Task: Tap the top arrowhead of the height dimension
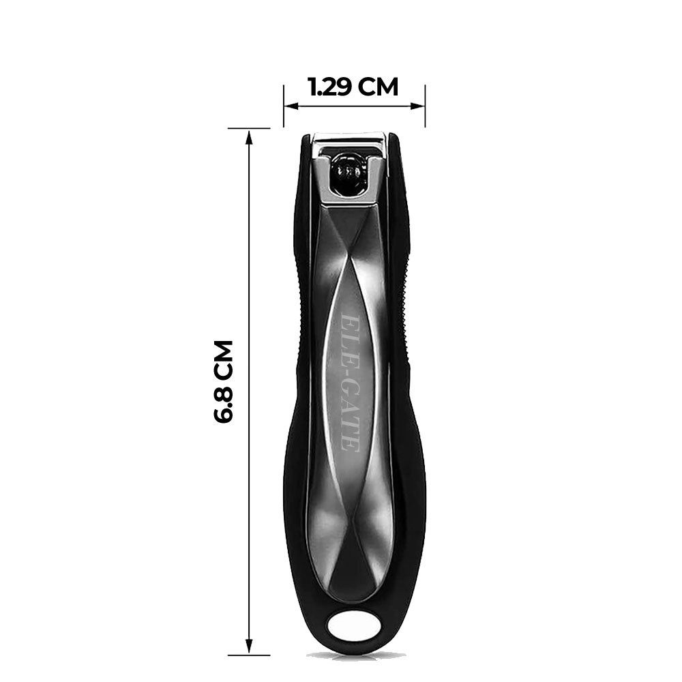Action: click(x=249, y=136)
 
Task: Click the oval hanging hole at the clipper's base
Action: click(x=355, y=626)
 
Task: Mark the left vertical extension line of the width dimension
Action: click(x=284, y=106)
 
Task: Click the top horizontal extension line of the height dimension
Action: click(x=249, y=128)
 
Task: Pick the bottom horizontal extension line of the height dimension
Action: click(x=249, y=655)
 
